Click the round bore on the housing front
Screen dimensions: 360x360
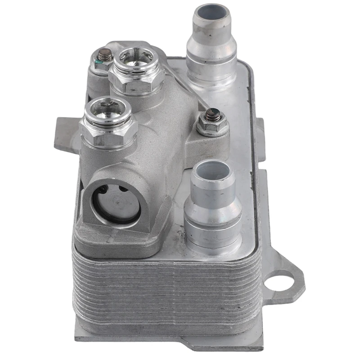(116, 204)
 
